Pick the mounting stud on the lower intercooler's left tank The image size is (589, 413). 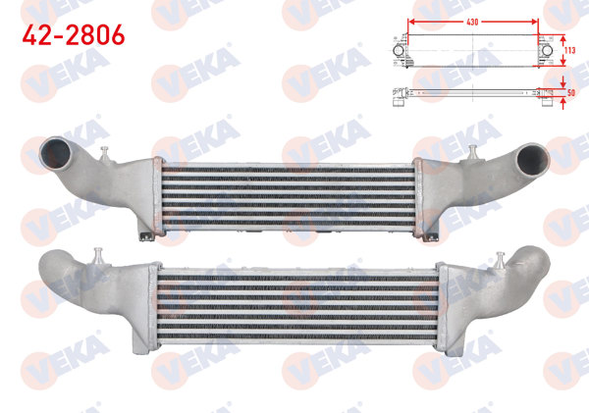pyautogui.click(x=99, y=256)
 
